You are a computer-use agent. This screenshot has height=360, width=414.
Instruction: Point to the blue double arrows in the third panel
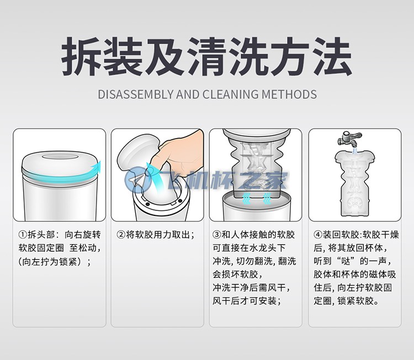[255, 194]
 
